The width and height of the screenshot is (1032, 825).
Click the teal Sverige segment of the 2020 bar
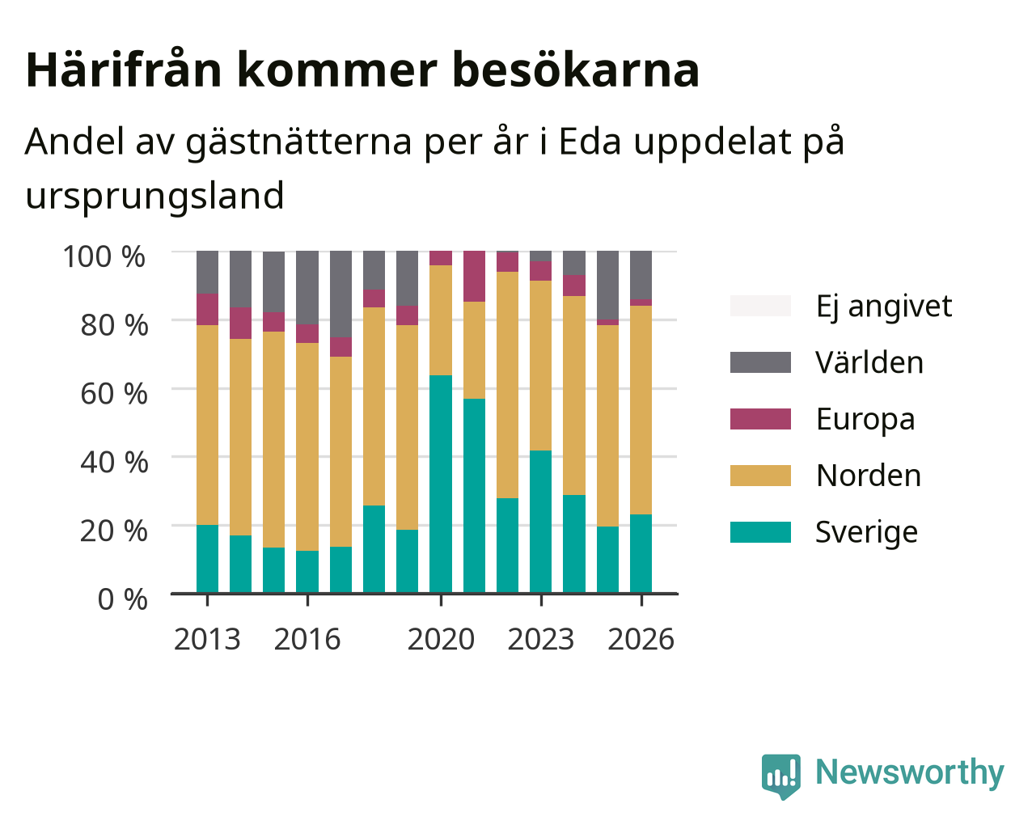pos(440,484)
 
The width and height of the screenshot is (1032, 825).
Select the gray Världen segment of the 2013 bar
pos(207,272)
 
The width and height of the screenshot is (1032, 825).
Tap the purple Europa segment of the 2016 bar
pos(307,333)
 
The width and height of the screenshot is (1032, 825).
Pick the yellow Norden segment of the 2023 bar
pos(540,366)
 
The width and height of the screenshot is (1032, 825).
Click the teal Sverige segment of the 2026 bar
pos(641,554)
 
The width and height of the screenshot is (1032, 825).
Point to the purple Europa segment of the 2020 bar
pos(440,258)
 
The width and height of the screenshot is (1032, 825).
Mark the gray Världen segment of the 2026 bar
pos(641,275)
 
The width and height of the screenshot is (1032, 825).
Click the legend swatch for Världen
pos(760,362)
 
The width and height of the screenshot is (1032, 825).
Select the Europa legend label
pos(865,419)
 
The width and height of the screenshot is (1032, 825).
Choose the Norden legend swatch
pos(760,476)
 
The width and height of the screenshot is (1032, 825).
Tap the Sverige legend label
pos(866,532)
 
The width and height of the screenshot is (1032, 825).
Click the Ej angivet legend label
pos(884,307)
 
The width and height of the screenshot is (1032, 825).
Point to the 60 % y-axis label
pos(114,394)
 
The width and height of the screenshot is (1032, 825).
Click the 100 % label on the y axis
pos(104,256)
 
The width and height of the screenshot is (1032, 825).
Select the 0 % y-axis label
pos(122,599)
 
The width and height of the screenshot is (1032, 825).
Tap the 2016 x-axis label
pos(307,639)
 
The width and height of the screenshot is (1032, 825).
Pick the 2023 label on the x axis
pos(540,639)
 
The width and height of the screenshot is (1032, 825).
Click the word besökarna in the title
pos(576,70)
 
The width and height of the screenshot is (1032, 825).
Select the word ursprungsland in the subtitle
pos(154,196)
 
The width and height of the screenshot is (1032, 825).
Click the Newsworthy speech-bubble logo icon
pos(780,776)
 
